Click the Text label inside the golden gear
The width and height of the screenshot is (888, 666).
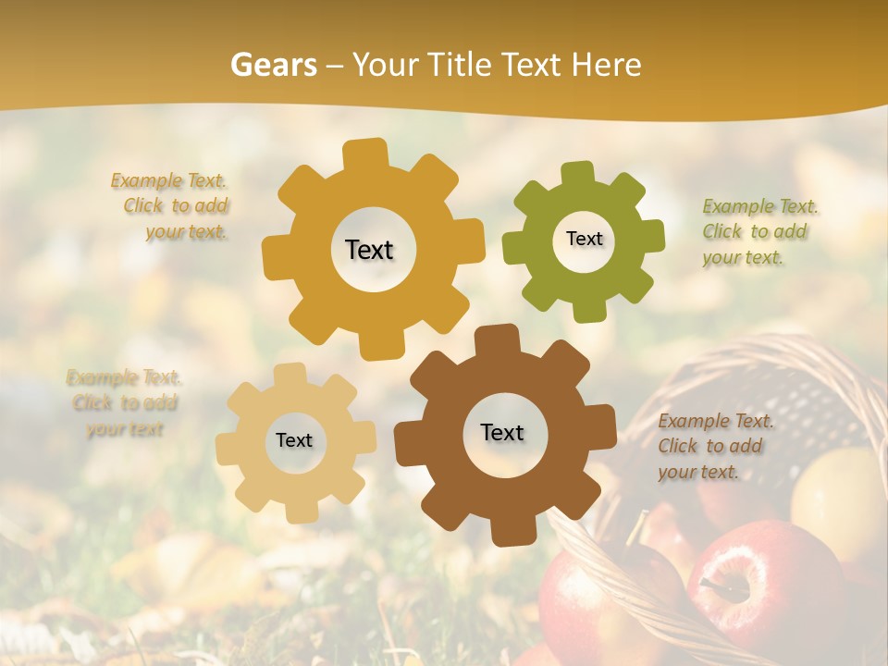click(x=369, y=250)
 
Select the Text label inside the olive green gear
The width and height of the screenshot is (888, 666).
click(x=584, y=239)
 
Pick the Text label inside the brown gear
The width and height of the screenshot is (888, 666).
click(x=502, y=432)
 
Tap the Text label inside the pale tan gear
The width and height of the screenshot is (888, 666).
click(x=294, y=441)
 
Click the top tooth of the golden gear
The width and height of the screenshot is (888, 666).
click(x=364, y=154)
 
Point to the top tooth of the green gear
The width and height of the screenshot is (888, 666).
click(x=578, y=173)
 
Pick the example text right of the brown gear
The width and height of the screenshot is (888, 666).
click(x=714, y=447)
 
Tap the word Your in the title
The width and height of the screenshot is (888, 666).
click(x=387, y=65)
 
